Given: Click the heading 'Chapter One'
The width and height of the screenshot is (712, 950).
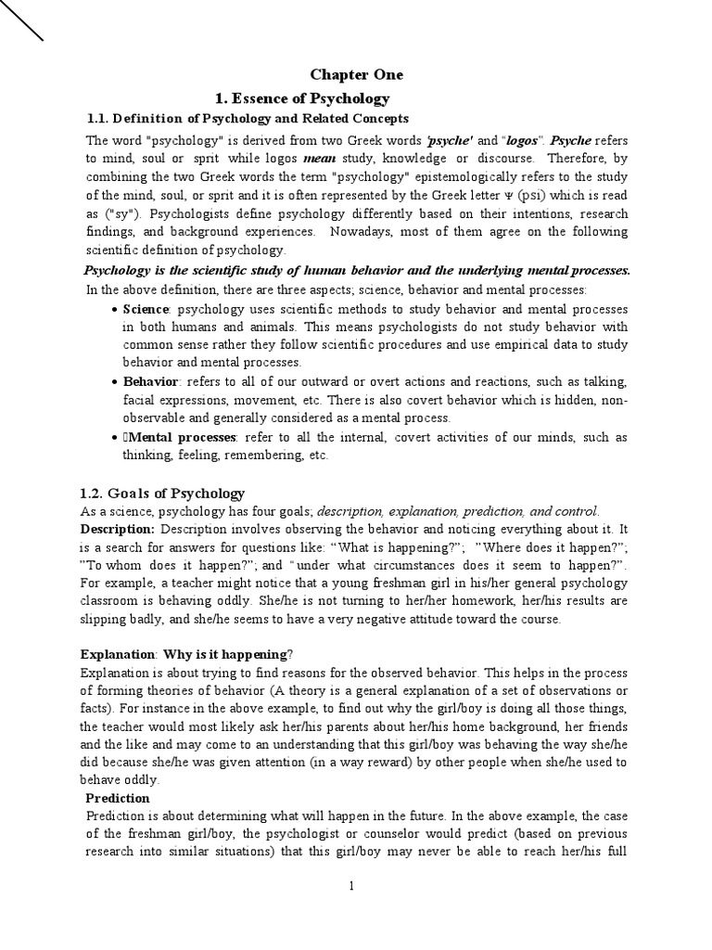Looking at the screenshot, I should click(x=356, y=75).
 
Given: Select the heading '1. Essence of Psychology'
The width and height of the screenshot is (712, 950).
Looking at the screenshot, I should click(x=302, y=98).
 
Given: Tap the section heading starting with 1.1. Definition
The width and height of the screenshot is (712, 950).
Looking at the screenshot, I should click(x=248, y=119).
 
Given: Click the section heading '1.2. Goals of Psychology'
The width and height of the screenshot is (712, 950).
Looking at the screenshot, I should click(x=162, y=493).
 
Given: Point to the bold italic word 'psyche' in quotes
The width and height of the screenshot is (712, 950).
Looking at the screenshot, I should click(x=450, y=141).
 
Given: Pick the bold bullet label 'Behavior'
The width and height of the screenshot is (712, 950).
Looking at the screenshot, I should click(x=150, y=381).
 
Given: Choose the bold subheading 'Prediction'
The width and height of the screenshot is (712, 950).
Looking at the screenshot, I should click(x=118, y=798).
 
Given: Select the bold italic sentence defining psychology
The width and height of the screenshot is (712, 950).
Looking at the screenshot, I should click(x=357, y=270).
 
